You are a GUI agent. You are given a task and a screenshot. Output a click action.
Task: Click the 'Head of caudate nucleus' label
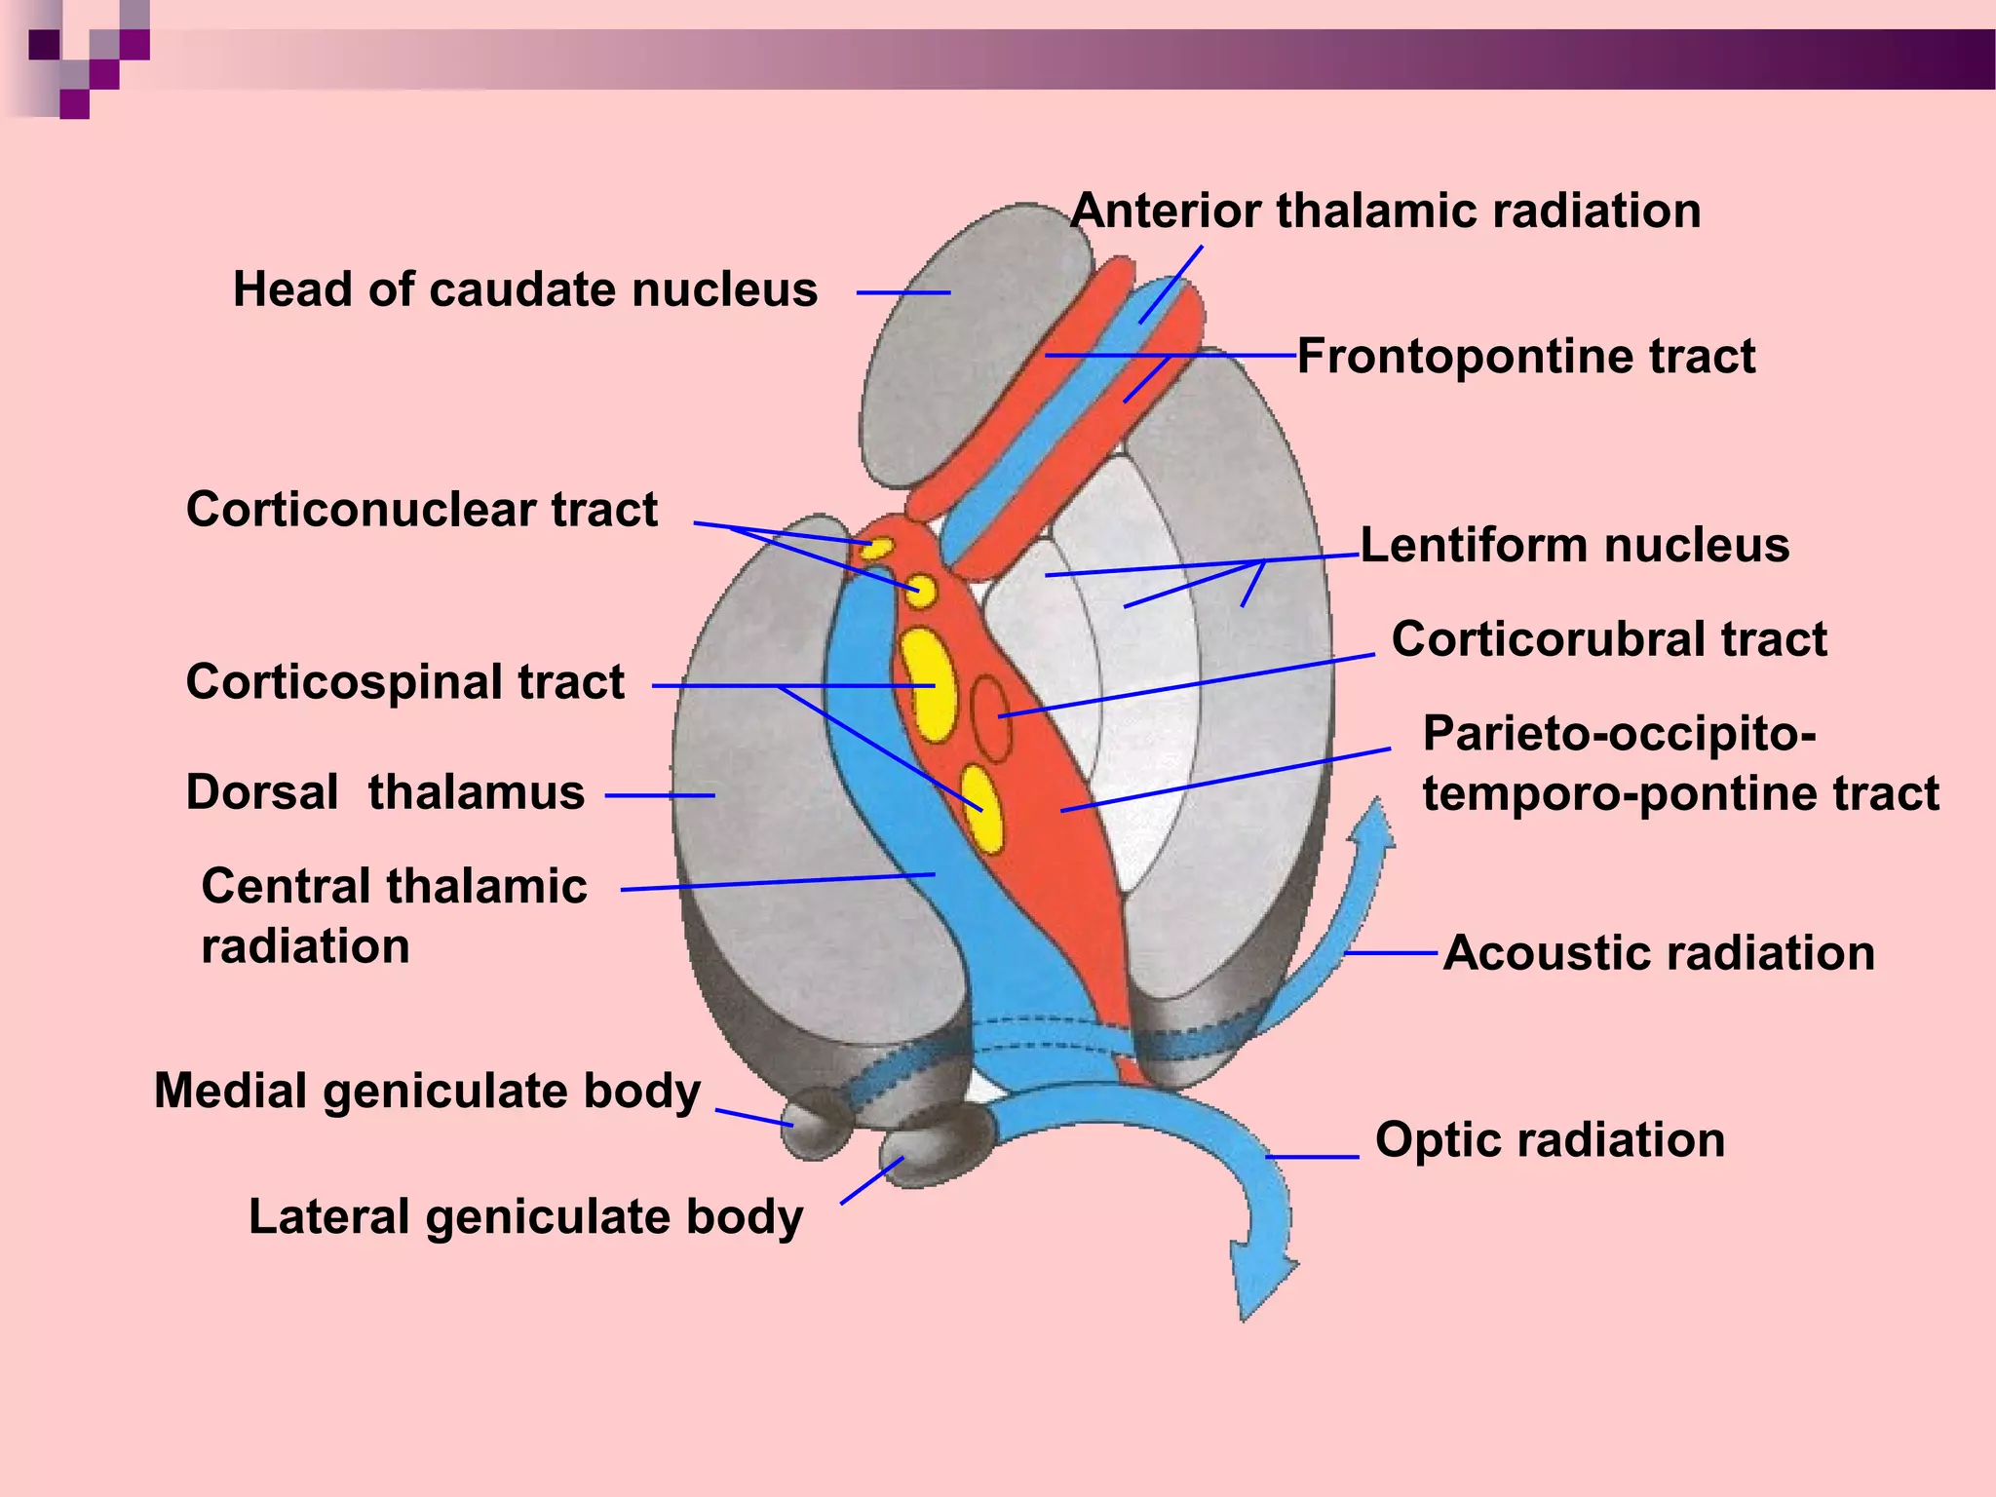pos(525,289)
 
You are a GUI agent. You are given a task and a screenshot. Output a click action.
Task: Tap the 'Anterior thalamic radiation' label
pos(1385,211)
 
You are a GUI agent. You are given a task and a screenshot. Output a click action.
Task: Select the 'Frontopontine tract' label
pos(1526,356)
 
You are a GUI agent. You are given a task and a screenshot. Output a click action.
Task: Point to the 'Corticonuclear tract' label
pos(422,509)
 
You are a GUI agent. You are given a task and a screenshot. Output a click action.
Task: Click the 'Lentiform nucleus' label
pos(1575,545)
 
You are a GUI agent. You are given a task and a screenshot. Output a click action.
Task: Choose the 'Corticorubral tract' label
pos(1609,639)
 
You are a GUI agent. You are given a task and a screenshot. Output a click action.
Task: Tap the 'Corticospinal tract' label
pos(405,681)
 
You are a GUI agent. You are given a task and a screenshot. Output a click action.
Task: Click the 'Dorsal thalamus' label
pos(385,791)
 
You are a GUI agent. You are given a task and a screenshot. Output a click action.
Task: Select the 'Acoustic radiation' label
pos(1659,952)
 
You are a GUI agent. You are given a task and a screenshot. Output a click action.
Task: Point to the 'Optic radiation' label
pos(1550,1139)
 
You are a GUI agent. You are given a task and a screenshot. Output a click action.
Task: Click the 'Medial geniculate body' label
pos(428,1090)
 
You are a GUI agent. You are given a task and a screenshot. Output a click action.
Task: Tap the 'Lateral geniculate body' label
pos(526,1216)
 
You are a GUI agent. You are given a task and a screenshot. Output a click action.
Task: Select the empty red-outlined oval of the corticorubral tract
pos(991,718)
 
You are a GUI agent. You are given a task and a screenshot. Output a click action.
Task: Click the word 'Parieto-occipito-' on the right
pos(1619,733)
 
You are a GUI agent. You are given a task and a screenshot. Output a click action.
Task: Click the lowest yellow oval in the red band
pos(981,809)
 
